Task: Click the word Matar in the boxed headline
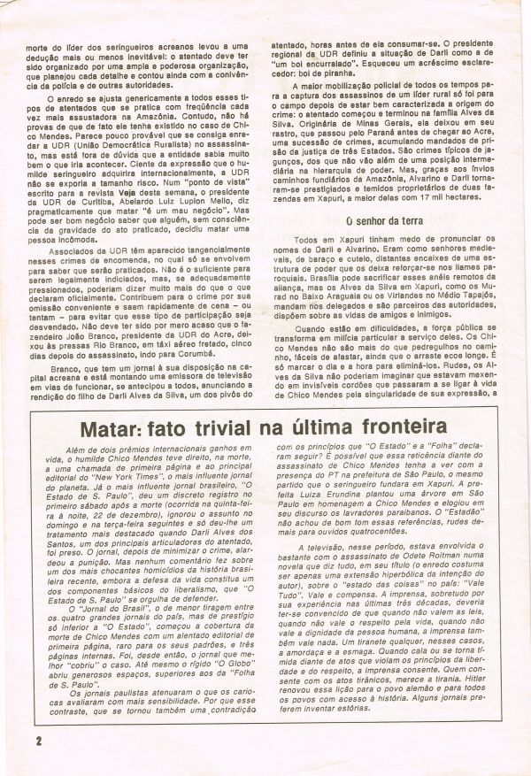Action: tap(112, 407)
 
